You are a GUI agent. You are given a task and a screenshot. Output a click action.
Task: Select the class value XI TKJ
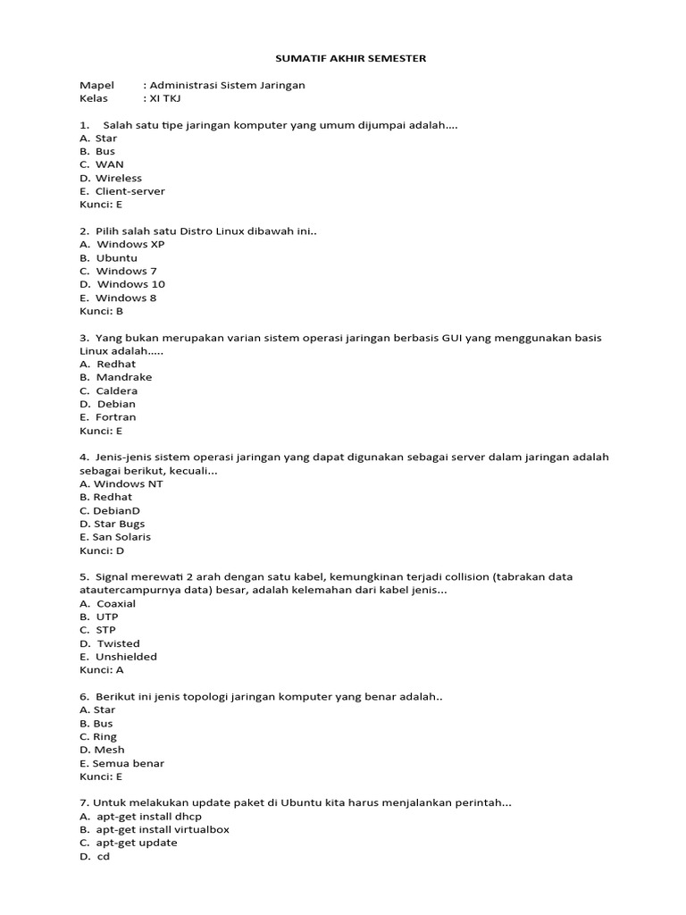162,98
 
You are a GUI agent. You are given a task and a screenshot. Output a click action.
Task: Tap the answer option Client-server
130,191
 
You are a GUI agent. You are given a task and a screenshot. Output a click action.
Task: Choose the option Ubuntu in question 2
117,257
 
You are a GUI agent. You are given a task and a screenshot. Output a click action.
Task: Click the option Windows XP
130,244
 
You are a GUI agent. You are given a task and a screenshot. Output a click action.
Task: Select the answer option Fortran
116,417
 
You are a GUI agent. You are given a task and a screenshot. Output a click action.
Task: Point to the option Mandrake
124,377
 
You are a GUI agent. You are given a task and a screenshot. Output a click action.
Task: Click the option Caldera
117,390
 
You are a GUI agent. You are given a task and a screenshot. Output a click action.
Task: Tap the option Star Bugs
119,524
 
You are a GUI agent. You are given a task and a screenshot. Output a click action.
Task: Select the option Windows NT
129,483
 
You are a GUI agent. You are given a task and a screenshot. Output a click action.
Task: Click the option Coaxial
116,603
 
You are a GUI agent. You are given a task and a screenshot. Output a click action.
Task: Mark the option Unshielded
127,657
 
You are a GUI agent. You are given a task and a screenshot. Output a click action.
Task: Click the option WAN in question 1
110,164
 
